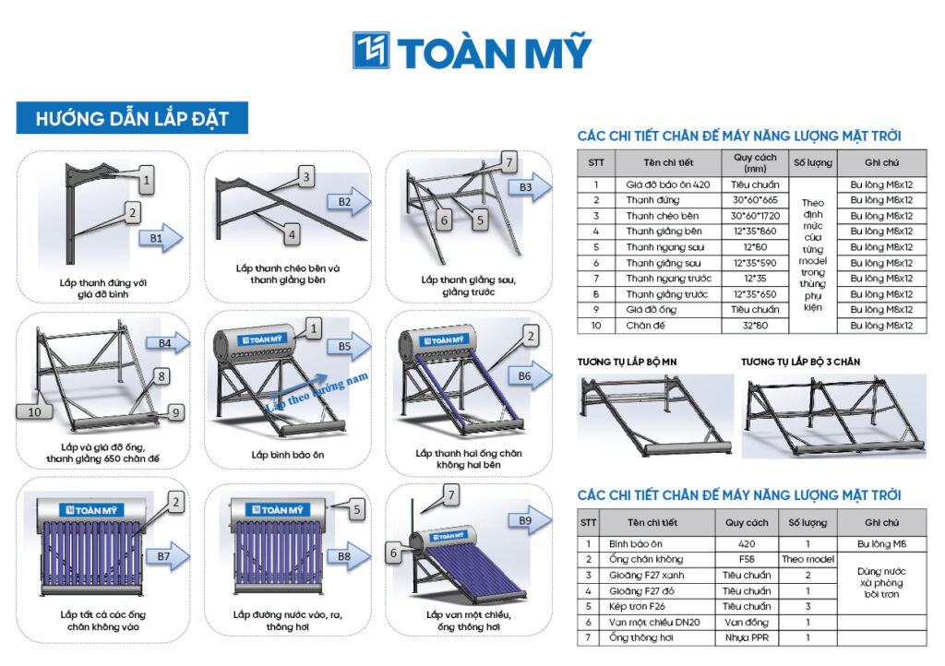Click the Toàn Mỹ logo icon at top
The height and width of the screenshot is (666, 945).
pyautogui.click(x=371, y=50)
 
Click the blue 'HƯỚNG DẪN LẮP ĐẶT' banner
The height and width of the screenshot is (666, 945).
pyautogui.click(x=132, y=117)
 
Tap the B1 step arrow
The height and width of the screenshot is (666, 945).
pyautogui.click(x=161, y=238)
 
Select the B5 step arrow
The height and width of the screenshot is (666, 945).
pyautogui.click(x=349, y=346)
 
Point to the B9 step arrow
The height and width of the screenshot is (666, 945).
pyautogui.click(x=531, y=520)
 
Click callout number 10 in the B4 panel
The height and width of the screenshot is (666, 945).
pyautogui.click(x=34, y=412)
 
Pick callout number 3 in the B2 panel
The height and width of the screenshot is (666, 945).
pyautogui.click(x=306, y=176)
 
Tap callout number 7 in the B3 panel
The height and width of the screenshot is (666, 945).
pyautogui.click(x=509, y=161)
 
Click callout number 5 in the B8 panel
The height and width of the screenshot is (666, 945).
pyautogui.click(x=357, y=509)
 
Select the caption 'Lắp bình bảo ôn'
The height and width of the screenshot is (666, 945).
pyautogui.click(x=288, y=455)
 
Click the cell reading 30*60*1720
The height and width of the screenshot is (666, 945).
pyautogui.click(x=755, y=216)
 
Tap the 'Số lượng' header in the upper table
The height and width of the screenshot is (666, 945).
pyautogui.click(x=812, y=162)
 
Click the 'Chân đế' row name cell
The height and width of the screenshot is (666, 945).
pyautogui.click(x=645, y=326)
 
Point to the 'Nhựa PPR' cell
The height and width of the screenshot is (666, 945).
pyautogui.click(x=747, y=637)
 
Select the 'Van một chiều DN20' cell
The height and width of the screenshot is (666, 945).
pyautogui.click(x=654, y=622)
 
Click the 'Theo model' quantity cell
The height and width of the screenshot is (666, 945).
pyautogui.click(x=807, y=559)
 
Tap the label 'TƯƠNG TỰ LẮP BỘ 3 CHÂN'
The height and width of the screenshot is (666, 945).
pyautogui.click(x=800, y=362)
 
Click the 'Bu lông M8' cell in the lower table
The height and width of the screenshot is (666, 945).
pyautogui.click(x=881, y=543)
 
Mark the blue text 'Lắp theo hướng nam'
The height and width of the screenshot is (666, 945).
pyautogui.click(x=317, y=391)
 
